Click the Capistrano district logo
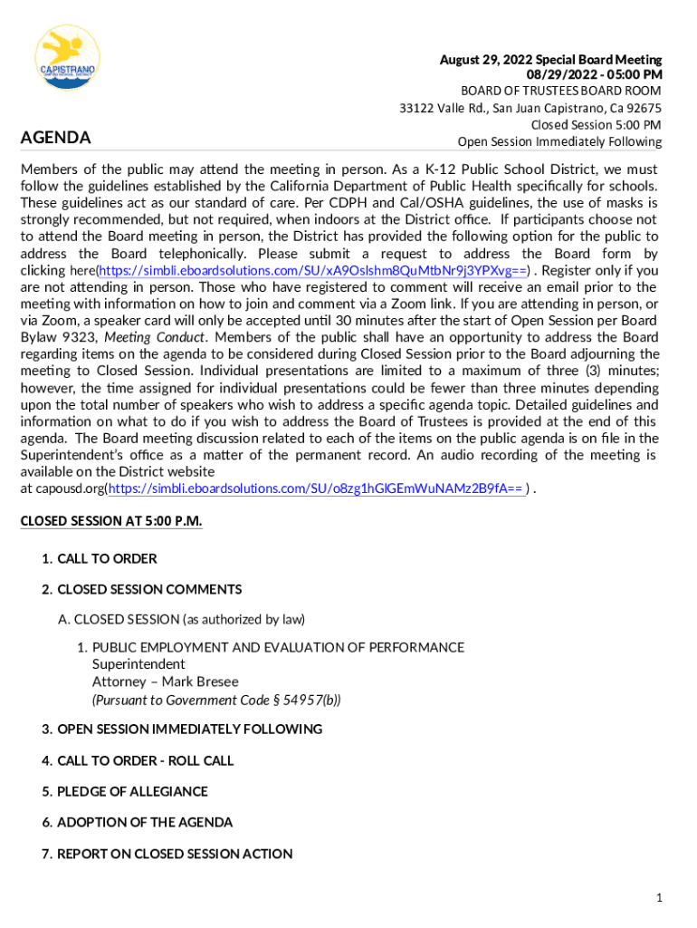tap(67, 57)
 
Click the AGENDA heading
tap(56, 138)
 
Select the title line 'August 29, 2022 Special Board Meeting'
tap(550, 60)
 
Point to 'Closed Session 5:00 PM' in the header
tap(596, 125)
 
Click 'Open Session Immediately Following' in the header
tap(559, 141)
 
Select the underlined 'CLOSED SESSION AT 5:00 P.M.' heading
tap(111, 521)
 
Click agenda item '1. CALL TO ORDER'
tap(99, 558)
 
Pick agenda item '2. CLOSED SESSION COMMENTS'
tap(141, 589)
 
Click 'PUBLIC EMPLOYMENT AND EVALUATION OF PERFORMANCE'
tap(278, 647)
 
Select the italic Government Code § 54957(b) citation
tap(216, 700)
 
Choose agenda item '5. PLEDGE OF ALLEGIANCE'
tap(124, 791)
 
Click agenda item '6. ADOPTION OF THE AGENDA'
tap(137, 822)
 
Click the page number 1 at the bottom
tap(660, 898)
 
